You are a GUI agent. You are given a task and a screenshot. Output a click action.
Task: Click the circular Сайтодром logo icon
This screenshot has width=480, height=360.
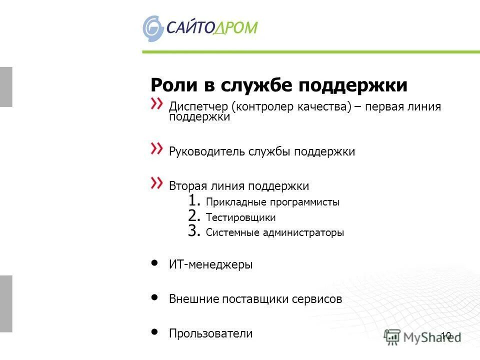coord(153,28)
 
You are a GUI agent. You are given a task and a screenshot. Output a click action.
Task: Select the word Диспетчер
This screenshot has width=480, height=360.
coord(198,107)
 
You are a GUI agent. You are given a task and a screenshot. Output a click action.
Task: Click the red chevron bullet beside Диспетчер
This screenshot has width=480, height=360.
coord(157,103)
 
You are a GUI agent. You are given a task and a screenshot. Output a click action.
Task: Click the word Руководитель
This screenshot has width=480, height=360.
coord(207,151)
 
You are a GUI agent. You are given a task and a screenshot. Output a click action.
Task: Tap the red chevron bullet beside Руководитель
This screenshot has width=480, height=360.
coord(157,148)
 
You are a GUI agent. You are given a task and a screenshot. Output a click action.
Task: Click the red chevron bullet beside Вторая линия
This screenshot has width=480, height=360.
coord(157,182)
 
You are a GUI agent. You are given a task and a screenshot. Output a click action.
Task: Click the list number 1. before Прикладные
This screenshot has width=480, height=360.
coord(195,201)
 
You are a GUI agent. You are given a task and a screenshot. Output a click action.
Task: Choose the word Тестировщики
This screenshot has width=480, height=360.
coord(240,218)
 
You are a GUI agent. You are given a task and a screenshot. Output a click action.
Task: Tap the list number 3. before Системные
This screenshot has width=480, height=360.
coord(195,231)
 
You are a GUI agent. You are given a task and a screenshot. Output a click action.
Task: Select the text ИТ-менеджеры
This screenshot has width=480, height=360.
coord(210,265)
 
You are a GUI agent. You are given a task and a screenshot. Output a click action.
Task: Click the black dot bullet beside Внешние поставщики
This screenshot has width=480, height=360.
coord(155,297)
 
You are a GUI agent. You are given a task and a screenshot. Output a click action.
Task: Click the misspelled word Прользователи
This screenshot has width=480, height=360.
coord(210,333)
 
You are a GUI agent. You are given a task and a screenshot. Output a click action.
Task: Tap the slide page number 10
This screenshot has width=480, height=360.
coord(446,335)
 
